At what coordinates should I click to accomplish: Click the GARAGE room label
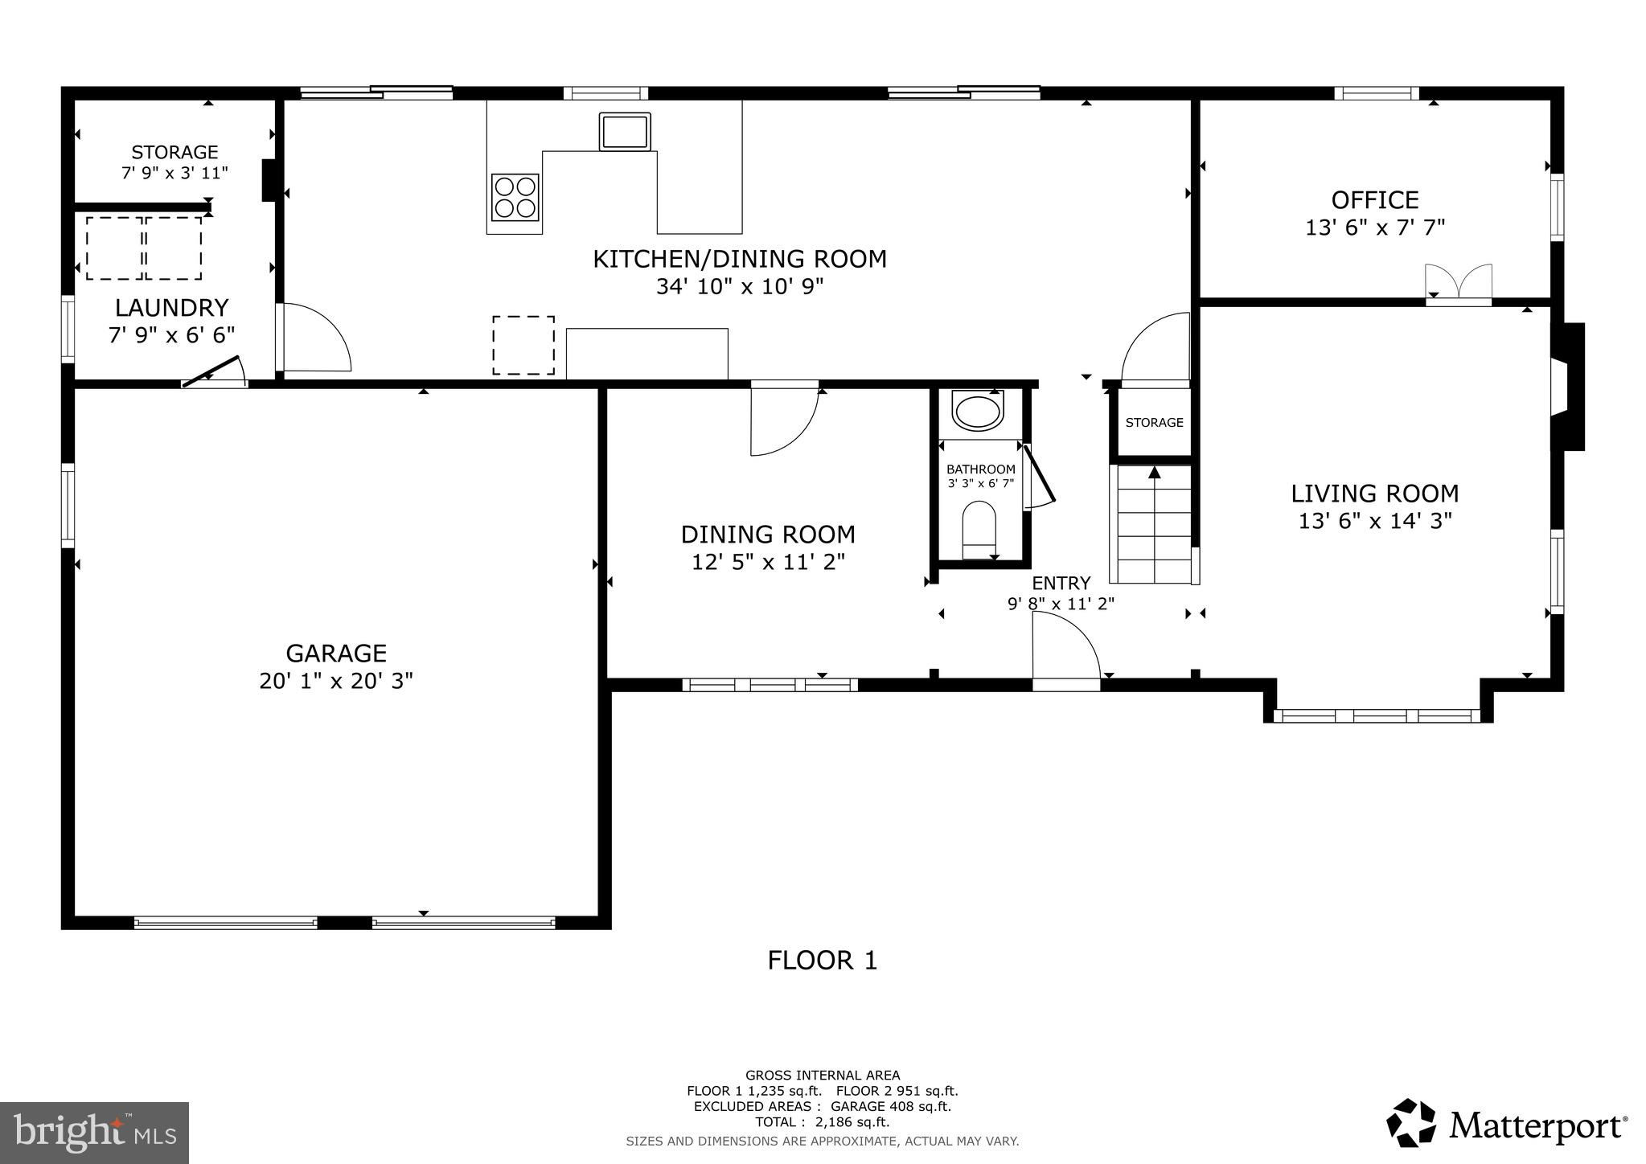point(336,653)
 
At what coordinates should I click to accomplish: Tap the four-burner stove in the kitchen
point(515,197)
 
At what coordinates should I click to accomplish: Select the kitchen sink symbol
point(625,131)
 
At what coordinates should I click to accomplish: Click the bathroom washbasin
point(977,411)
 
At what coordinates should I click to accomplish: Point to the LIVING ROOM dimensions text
point(1375,521)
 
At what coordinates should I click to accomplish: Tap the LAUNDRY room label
point(172,308)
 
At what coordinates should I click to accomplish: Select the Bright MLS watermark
point(95,1133)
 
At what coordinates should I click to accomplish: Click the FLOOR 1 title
point(823,960)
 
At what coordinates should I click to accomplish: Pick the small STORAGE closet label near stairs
point(1154,423)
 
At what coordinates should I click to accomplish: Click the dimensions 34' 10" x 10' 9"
point(740,287)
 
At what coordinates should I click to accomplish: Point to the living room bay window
point(1377,715)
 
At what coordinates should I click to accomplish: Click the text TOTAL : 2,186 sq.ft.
point(822,1122)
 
